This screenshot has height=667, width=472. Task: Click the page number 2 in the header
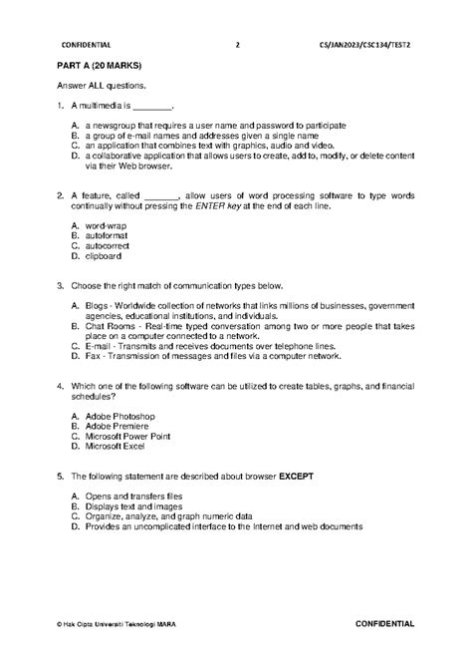[x=237, y=45]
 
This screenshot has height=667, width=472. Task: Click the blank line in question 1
[x=153, y=105]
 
